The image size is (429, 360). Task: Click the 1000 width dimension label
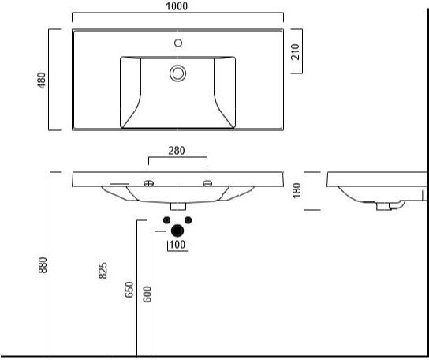(x=177, y=6)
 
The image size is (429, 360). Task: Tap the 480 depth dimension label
(x=41, y=81)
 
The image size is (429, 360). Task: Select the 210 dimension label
(x=296, y=52)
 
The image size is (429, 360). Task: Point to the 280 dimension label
(x=177, y=151)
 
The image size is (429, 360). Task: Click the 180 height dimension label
(x=297, y=190)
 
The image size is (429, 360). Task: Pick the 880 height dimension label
(x=43, y=265)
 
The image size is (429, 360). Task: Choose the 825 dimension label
(x=103, y=271)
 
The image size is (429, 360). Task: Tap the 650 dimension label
(x=129, y=289)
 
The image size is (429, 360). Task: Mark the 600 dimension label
(x=147, y=294)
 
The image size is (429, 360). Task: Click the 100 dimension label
(x=177, y=245)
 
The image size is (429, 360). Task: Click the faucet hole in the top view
(x=178, y=43)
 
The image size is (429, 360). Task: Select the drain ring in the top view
(x=178, y=73)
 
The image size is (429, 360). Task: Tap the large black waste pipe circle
(x=177, y=231)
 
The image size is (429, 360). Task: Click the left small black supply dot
(x=166, y=220)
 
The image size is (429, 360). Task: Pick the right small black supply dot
(x=188, y=220)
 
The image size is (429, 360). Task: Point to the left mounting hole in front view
(x=148, y=183)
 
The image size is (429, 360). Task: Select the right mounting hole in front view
(x=207, y=183)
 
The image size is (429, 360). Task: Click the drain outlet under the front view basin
(x=178, y=207)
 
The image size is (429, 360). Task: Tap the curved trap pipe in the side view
(x=400, y=205)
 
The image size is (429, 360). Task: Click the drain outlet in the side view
(x=383, y=206)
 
